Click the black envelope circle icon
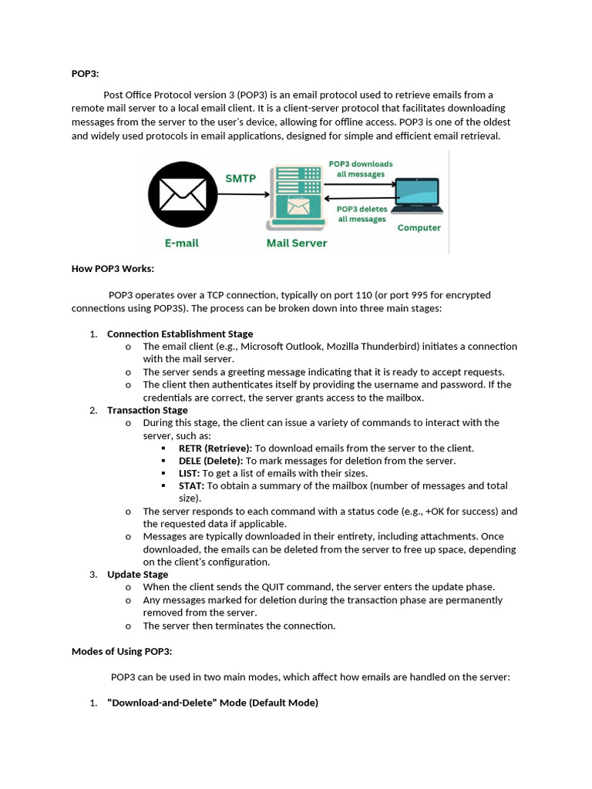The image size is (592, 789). pos(182,194)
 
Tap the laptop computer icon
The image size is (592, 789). pos(416,196)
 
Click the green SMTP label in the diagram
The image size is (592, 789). pos(240,178)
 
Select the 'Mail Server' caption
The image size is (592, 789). pos(297,243)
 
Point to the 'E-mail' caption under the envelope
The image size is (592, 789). pos(182,243)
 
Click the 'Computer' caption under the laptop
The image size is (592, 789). pos(419,227)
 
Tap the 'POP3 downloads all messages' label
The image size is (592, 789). pos(360,169)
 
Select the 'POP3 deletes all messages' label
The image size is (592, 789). pos(362,213)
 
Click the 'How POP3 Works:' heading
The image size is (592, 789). pos(113,268)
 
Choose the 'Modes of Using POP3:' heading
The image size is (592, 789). pos(122,651)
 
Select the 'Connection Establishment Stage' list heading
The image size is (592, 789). pos(180,334)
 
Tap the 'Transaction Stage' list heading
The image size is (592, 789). pos(147,410)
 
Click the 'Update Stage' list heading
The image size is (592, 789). pos(137,574)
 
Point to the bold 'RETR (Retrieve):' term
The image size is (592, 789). pos(215,448)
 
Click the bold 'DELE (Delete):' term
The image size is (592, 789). pos(210,461)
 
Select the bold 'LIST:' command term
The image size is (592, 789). pos(189,473)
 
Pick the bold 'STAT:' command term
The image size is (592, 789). pos(191,485)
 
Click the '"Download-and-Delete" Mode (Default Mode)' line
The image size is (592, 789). pos(212,703)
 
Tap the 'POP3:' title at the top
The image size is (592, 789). pos(86,74)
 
